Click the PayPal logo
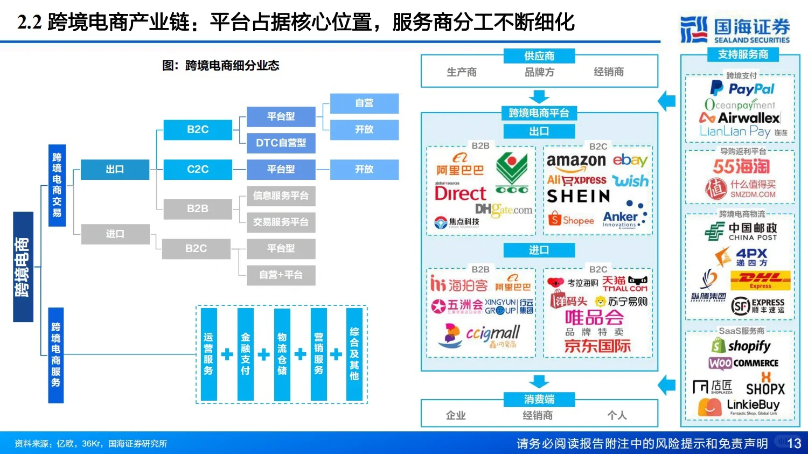742,89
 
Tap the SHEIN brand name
579,197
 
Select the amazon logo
576,161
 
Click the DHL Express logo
760,280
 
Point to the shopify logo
742,345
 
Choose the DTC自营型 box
281,143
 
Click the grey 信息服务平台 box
281,195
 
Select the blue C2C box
198,169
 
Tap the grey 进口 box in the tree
115,234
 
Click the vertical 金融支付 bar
245,354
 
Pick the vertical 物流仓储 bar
282,354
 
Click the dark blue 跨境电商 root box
23,267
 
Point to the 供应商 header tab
539,55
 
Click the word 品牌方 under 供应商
539,72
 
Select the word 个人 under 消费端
617,415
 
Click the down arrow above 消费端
539,381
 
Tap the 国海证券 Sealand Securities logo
735,30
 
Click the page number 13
794,443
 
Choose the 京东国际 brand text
597,346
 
